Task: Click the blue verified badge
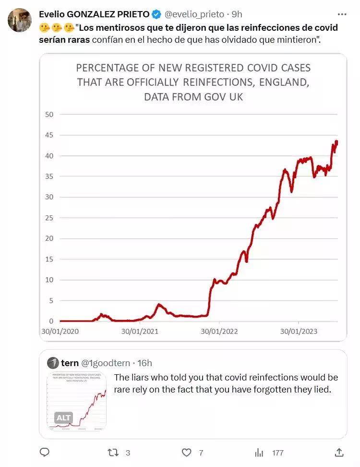click(x=156, y=14)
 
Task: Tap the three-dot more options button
click(x=342, y=14)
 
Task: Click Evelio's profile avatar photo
click(x=20, y=20)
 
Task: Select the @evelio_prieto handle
click(x=195, y=14)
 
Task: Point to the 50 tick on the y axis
click(x=49, y=114)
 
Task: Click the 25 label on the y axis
click(x=49, y=218)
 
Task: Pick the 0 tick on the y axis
click(x=51, y=321)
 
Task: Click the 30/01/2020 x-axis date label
click(x=60, y=332)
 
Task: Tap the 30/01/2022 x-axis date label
click(x=219, y=332)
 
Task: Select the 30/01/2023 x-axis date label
click(x=299, y=332)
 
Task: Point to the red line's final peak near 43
click(x=336, y=142)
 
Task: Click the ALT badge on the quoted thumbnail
click(x=64, y=418)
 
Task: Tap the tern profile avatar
click(x=53, y=363)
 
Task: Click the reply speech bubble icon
click(x=45, y=452)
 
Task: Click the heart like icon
click(x=187, y=452)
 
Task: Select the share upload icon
click(x=339, y=452)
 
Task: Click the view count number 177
click(x=277, y=453)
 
